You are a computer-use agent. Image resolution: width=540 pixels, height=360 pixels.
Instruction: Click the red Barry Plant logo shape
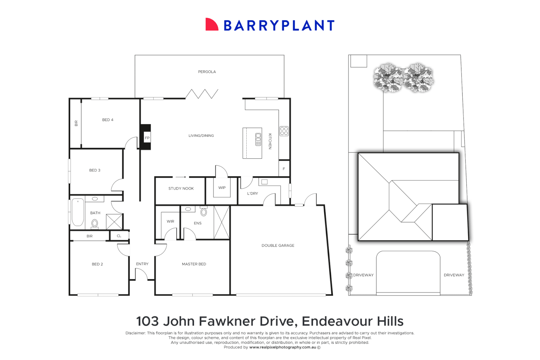[x=211, y=25]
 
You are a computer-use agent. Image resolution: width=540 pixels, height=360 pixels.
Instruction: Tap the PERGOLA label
[x=207, y=72]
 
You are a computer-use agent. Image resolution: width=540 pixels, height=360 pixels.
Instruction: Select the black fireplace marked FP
[x=146, y=137]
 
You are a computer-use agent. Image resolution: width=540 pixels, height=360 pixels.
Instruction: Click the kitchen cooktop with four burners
[x=284, y=131]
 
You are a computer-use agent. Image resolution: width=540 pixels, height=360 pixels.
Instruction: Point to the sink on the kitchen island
[x=258, y=139]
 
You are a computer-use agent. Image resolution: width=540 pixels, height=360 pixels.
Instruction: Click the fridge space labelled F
[x=284, y=169]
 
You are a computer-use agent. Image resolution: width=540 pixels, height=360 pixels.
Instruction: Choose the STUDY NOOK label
[x=181, y=188]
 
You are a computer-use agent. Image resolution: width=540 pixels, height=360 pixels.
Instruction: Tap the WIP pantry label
[x=222, y=188]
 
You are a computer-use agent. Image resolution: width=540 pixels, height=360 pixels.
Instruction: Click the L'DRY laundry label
[x=252, y=193]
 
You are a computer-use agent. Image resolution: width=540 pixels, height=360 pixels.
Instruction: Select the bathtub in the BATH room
[x=78, y=212]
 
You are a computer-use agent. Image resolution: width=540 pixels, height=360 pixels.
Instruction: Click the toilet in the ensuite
[x=204, y=212]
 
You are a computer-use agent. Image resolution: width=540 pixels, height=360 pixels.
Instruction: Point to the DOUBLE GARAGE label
[x=278, y=245]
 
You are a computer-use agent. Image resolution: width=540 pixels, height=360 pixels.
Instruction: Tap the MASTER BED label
[x=194, y=264]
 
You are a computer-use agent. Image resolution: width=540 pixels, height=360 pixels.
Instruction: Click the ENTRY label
[x=142, y=264]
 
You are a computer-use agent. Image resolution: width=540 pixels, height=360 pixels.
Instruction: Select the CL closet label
[x=119, y=236]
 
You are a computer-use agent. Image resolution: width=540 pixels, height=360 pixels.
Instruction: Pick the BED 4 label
[x=108, y=120]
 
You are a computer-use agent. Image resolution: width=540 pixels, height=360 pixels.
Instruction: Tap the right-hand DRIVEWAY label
[x=454, y=275]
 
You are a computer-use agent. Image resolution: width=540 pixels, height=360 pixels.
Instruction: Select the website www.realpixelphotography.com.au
[x=282, y=347]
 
